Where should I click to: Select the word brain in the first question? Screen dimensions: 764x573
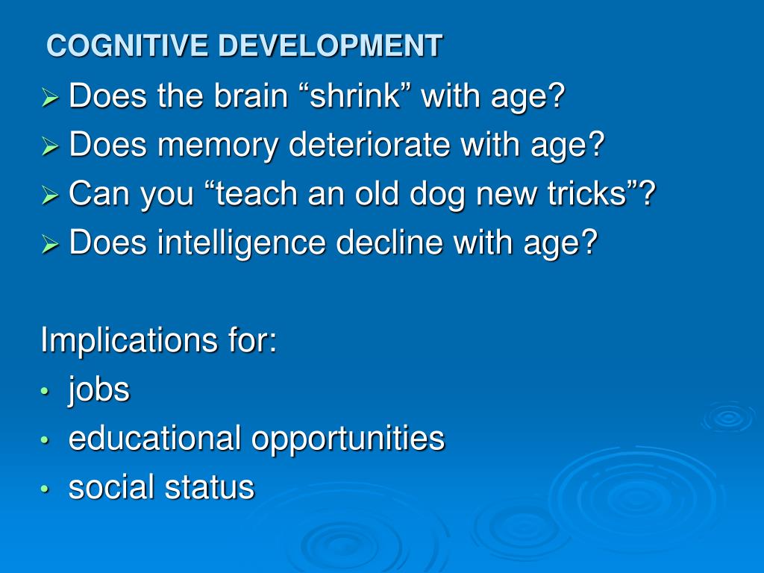pyautogui.click(x=251, y=95)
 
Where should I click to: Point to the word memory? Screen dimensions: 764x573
pyautogui.click(x=218, y=146)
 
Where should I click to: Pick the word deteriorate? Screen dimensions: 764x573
pyautogui.click(x=369, y=145)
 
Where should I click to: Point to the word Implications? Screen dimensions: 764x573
pyautogui.click(x=129, y=340)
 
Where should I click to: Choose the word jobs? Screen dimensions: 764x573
pyautogui.click(x=99, y=390)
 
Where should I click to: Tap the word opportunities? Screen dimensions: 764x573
pyautogui.click(x=348, y=439)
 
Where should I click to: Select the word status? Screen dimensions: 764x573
pyautogui.click(x=210, y=487)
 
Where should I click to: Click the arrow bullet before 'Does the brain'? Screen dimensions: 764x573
pyautogui.click(x=50, y=98)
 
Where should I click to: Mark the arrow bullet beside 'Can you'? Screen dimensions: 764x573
pyautogui.click(x=50, y=195)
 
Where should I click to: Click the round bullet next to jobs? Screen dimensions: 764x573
pyautogui.click(x=46, y=391)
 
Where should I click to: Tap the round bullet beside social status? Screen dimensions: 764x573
pyautogui.click(x=46, y=489)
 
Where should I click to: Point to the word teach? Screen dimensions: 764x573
pyautogui.click(x=256, y=193)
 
